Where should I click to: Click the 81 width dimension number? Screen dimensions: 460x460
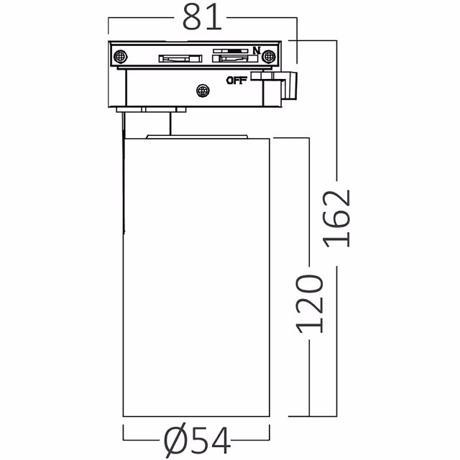[x=201, y=17]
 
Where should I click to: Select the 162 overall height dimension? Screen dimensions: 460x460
[x=336, y=218]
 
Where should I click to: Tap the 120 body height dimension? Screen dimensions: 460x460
[x=309, y=304]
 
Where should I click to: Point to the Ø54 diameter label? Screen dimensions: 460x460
[x=196, y=439]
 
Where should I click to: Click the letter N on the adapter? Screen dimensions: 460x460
[x=257, y=50]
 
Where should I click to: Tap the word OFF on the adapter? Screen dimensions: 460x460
[x=236, y=80]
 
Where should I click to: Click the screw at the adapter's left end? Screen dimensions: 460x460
[x=120, y=56]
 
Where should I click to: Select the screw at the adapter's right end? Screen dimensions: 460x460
[x=269, y=56]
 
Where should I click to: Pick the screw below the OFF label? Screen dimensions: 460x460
[x=203, y=91]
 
